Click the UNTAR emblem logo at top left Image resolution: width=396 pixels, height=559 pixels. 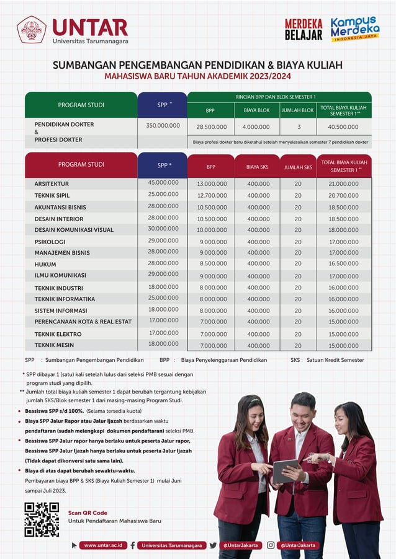point(31,29)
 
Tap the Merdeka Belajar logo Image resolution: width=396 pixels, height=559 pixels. point(304,29)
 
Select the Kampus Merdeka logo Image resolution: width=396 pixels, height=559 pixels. point(354,29)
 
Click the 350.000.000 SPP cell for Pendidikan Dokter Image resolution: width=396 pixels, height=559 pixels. point(163,126)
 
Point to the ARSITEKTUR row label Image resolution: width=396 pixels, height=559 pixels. point(52,184)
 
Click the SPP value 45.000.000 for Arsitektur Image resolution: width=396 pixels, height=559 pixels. point(163,183)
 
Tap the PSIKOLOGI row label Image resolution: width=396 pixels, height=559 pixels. point(50,242)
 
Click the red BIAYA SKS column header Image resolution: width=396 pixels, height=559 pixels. point(258,167)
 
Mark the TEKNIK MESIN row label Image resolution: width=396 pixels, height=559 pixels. point(54,345)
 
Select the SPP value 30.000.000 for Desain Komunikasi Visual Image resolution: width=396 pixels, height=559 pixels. point(163,229)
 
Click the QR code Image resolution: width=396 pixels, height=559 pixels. point(42,519)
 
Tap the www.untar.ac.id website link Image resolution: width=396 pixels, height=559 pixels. point(102,545)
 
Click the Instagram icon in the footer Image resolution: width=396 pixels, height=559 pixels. point(271,545)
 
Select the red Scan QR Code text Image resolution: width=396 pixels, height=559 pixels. point(88,513)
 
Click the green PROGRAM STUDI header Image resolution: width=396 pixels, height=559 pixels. point(81,105)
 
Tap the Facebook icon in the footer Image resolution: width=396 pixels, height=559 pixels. point(133,545)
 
